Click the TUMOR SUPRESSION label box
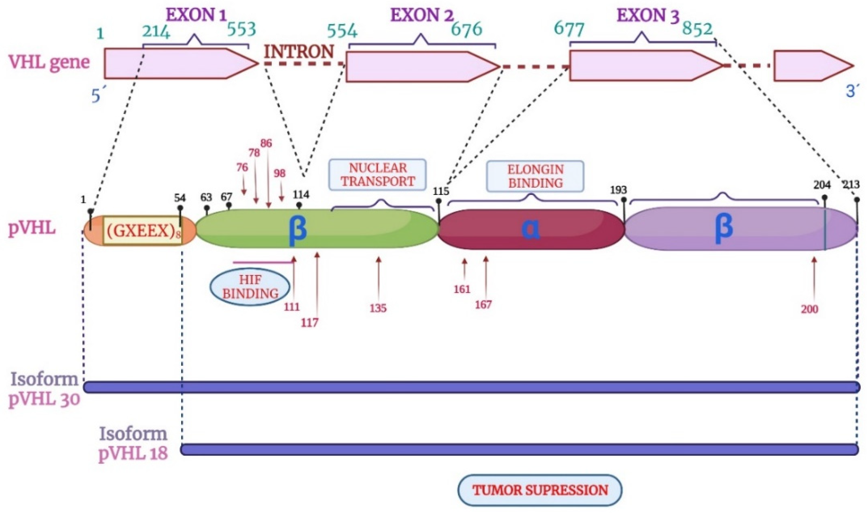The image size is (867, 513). click(540, 490)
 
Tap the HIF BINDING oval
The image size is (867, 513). click(250, 287)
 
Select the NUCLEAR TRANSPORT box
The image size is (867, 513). click(377, 174)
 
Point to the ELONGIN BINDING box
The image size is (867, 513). click(535, 176)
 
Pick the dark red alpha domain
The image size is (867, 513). click(531, 229)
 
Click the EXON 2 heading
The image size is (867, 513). click(422, 15)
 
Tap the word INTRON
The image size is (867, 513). click(299, 52)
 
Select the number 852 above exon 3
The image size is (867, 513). click(697, 29)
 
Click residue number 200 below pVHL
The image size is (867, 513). click(810, 309)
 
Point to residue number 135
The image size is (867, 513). click(378, 308)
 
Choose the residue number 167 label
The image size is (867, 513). click(483, 305)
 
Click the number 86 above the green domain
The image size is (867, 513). click(266, 143)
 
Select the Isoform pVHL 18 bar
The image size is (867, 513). click(519, 449)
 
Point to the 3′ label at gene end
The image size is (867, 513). click(851, 92)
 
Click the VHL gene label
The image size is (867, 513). click(49, 62)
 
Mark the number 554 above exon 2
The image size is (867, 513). click(342, 31)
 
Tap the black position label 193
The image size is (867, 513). click(618, 190)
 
